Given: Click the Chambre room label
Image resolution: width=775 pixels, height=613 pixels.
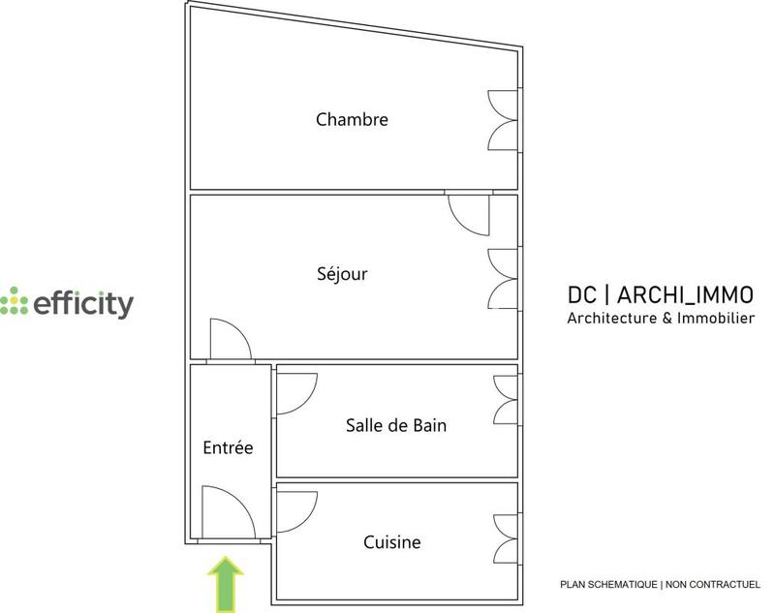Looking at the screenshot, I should pyautogui.click(x=352, y=120).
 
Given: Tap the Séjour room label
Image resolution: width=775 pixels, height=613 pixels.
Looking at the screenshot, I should pyautogui.click(x=344, y=274).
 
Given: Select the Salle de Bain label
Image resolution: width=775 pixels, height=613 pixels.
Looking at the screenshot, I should pyautogui.click(x=396, y=425).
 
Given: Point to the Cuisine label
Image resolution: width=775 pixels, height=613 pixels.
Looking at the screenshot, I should pyautogui.click(x=392, y=542).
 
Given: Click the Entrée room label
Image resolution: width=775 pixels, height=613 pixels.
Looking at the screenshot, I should pyautogui.click(x=228, y=447).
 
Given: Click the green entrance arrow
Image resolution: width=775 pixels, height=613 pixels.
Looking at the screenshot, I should pyautogui.click(x=227, y=583).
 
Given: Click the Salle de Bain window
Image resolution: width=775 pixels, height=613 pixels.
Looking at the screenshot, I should pyautogui.click(x=507, y=400).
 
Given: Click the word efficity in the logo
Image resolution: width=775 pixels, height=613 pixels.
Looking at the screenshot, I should pyautogui.click(x=83, y=304).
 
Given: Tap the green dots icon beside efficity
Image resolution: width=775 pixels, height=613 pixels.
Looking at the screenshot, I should pyautogui.click(x=15, y=302).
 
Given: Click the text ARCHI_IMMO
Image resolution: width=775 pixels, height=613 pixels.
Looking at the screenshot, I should pyautogui.click(x=685, y=294).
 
